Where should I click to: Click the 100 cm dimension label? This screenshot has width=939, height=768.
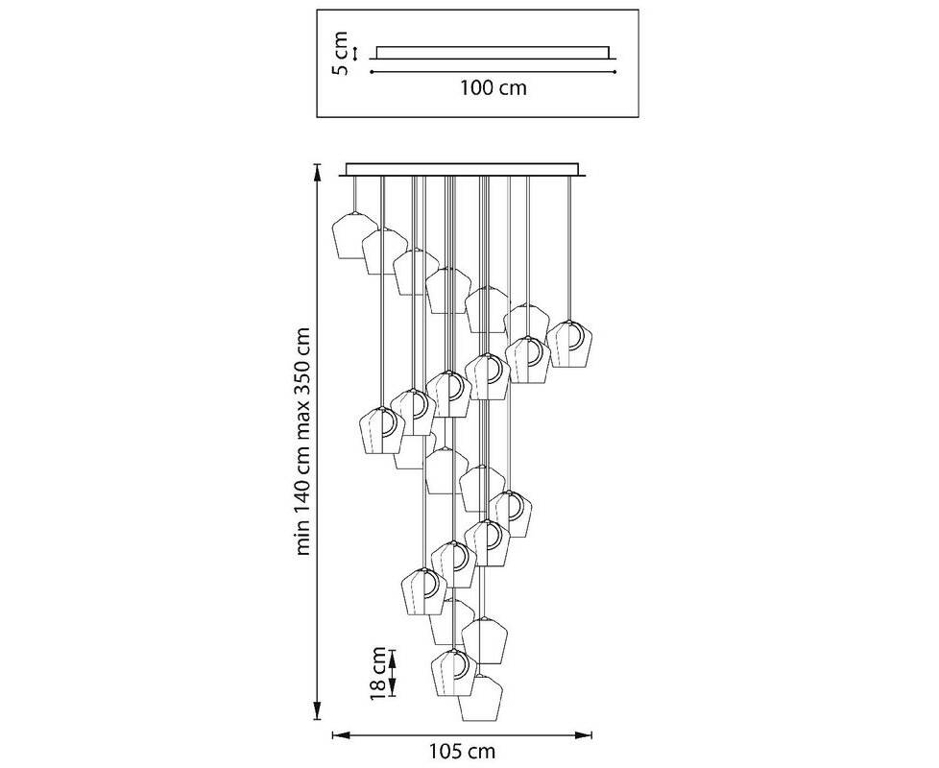493,88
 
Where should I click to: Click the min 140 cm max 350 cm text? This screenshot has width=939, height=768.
304,443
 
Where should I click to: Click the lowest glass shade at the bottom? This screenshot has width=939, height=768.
481,698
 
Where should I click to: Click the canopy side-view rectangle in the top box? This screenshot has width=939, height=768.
493,52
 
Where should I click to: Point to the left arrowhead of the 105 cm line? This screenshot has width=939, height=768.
337,736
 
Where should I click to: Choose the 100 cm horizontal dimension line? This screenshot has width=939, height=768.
493,70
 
